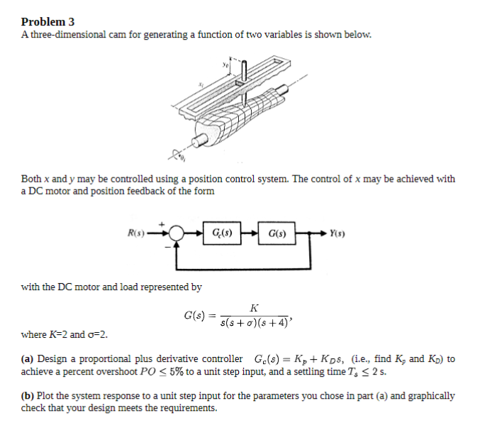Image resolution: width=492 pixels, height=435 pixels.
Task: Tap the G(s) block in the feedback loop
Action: pyautogui.click(x=274, y=233)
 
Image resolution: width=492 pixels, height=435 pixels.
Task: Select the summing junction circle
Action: pyautogui.click(x=176, y=233)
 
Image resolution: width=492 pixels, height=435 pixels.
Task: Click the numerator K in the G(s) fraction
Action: pyautogui.click(x=255, y=307)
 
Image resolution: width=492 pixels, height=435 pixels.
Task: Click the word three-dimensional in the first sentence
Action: pyautogui.click(x=62, y=35)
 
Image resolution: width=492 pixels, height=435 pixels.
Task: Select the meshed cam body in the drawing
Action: pyautogui.click(x=234, y=114)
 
